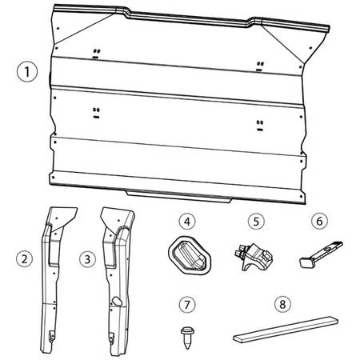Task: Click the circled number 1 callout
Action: tap(27, 72)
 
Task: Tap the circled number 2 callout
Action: tap(25, 259)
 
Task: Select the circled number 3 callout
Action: tap(87, 259)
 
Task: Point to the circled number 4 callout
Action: tap(187, 222)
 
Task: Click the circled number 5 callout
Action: tap(256, 222)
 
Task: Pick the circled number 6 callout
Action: tap(319, 221)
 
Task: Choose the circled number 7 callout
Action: tap(187, 304)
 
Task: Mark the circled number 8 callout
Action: tap(282, 304)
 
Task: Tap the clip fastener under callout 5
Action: tap(254, 257)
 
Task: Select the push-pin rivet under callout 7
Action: tap(187, 338)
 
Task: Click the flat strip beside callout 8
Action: tap(286, 330)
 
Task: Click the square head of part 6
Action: tap(305, 262)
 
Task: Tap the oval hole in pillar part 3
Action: tap(117, 301)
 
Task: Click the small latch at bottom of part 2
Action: tap(52, 336)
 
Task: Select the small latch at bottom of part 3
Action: tap(111, 338)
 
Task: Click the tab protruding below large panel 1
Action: tap(179, 196)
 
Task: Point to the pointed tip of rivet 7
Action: tap(188, 349)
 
